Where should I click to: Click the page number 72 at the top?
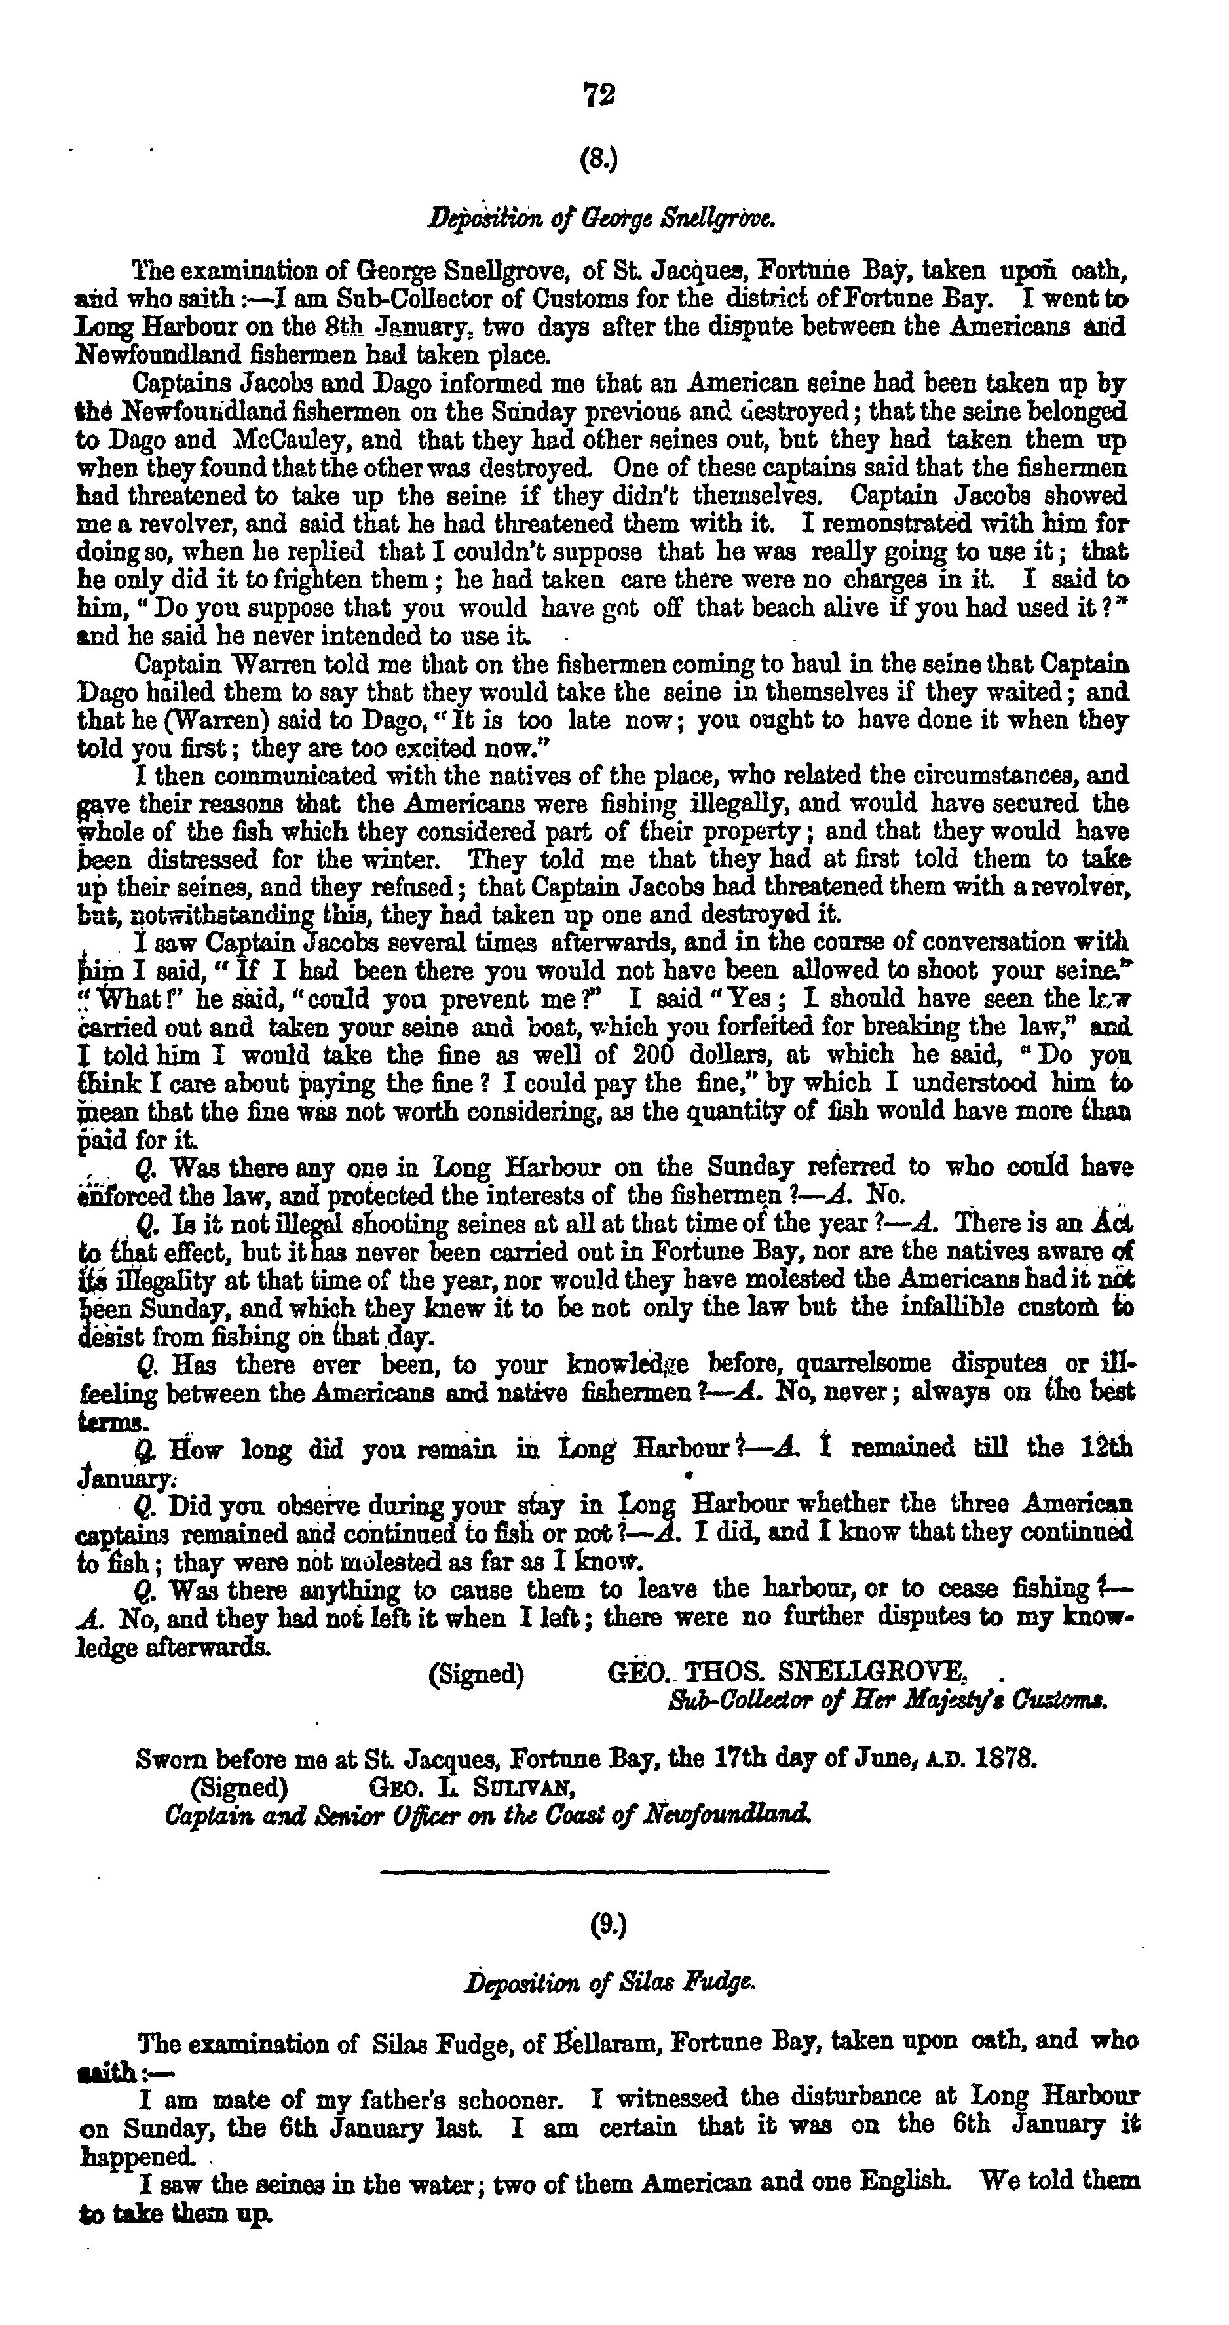(x=600, y=95)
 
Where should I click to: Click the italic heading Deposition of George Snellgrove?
(x=601, y=218)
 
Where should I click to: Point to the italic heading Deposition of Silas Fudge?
(x=609, y=1982)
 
